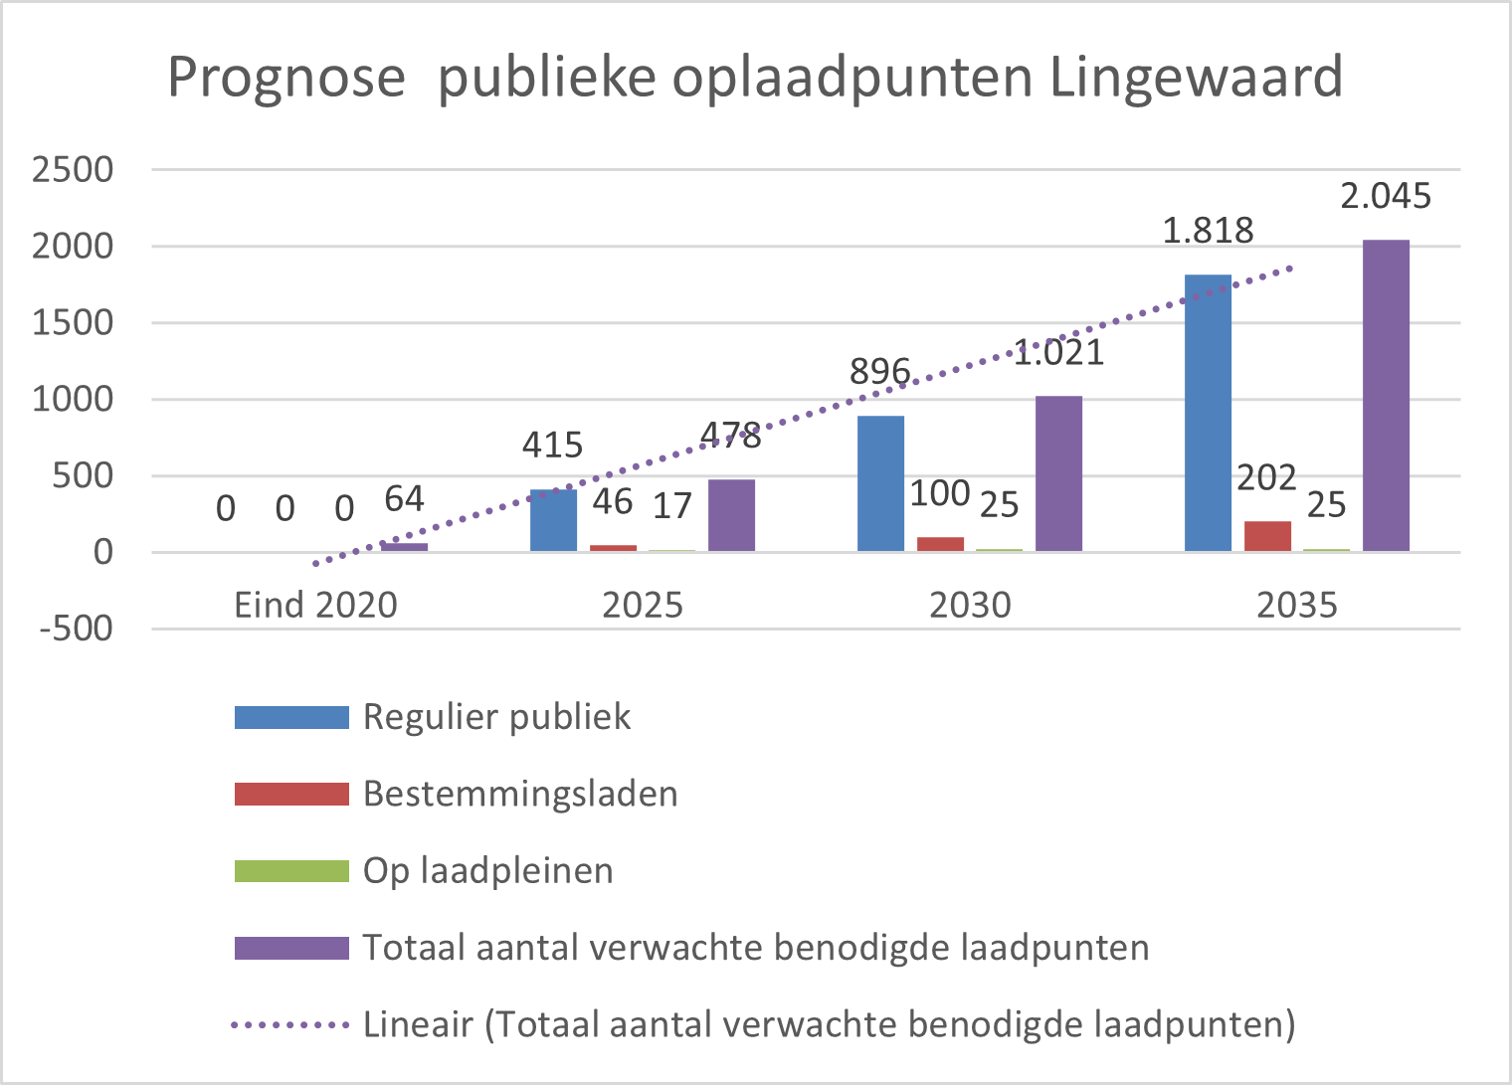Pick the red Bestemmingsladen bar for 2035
(x=1267, y=536)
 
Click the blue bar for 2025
(x=553, y=520)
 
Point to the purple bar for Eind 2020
(x=404, y=547)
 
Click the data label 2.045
(x=1385, y=197)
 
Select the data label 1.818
(x=1208, y=231)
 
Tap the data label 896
(x=879, y=372)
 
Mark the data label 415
(x=552, y=445)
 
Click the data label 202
(x=1266, y=478)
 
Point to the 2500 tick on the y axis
(x=73, y=170)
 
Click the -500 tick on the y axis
(x=76, y=629)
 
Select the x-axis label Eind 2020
(x=315, y=605)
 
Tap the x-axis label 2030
(x=970, y=605)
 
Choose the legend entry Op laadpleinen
(x=487, y=870)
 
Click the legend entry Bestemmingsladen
(x=519, y=794)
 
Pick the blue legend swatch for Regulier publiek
(x=291, y=717)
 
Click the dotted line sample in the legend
(x=289, y=1024)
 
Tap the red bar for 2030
(x=940, y=544)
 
